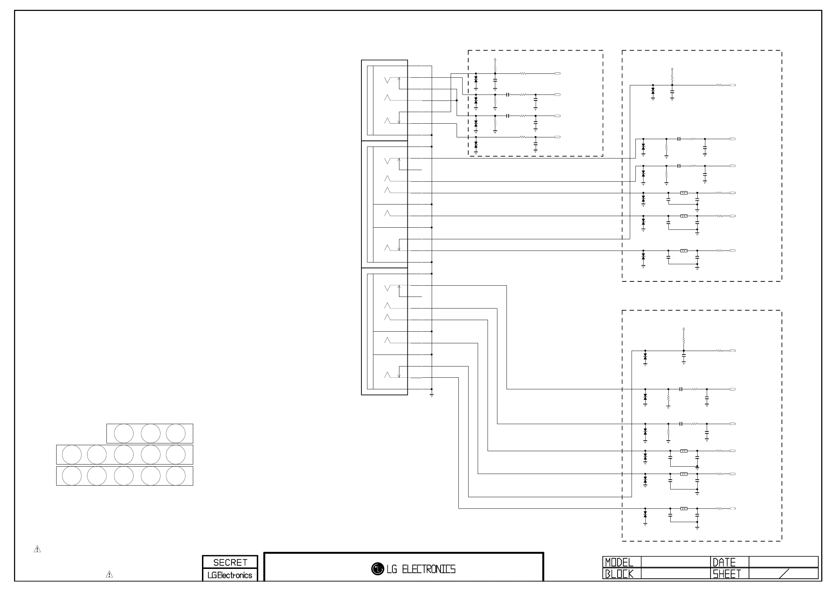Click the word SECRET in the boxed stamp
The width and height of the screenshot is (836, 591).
pos(230,563)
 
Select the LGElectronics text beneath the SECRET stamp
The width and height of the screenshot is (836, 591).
pos(230,575)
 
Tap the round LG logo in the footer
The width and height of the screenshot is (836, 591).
pos(378,569)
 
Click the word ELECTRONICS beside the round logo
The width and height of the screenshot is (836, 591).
pos(429,569)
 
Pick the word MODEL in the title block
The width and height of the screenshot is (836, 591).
pos(619,563)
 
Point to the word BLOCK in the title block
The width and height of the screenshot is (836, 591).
pos(619,574)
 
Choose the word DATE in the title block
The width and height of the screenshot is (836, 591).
pos(724,563)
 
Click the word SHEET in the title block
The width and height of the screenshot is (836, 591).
pos(727,574)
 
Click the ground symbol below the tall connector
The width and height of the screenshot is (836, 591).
pos(431,395)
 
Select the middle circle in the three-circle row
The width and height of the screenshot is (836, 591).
pos(150,433)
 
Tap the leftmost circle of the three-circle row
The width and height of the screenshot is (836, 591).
pos(123,433)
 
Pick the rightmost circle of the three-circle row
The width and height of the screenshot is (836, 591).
pos(176,433)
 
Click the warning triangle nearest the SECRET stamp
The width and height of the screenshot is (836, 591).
pos(109,574)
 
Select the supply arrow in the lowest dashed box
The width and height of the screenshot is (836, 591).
pos(684,329)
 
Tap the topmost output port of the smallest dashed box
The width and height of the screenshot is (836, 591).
pos(557,73)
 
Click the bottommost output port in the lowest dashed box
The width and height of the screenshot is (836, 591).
pos(733,508)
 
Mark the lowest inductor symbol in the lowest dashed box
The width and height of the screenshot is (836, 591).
pos(684,508)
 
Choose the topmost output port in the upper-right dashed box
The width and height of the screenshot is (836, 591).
pos(733,85)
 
